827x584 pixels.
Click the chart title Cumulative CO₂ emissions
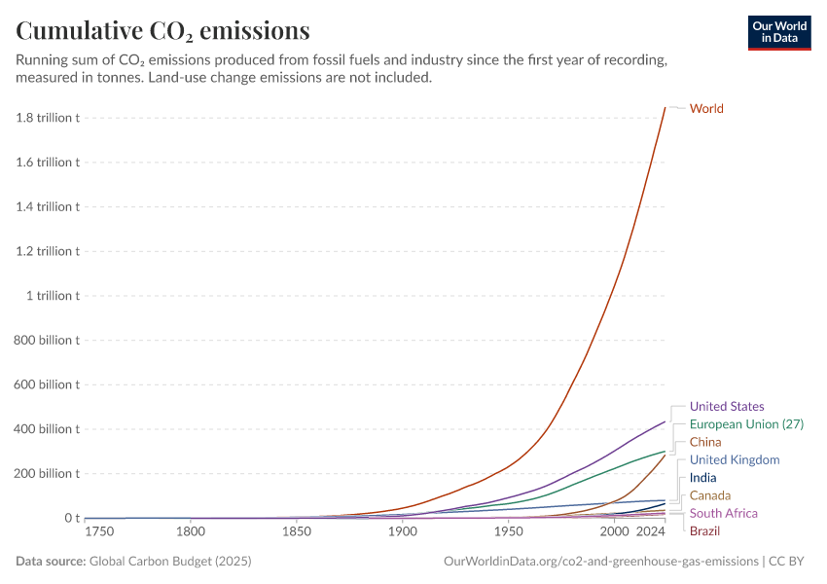click(163, 31)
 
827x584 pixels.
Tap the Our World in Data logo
click(779, 32)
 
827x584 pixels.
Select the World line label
click(706, 108)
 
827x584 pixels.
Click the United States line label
click(727, 406)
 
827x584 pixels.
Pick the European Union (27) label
click(746, 423)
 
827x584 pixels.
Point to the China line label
click(705, 442)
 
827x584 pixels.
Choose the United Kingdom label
click(735, 459)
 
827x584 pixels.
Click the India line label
click(702, 477)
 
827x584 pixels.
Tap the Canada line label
click(710, 495)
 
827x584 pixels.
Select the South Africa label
click(723, 513)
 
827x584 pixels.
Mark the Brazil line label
click(704, 530)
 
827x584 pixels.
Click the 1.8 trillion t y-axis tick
click(48, 118)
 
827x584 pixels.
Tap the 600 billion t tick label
click(48, 384)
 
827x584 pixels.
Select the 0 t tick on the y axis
click(71, 518)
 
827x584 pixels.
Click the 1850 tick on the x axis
click(297, 532)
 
